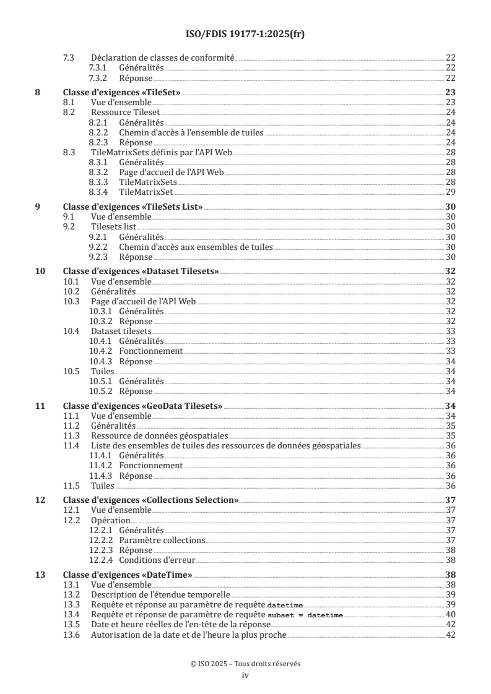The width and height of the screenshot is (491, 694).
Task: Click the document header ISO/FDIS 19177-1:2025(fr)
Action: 245,34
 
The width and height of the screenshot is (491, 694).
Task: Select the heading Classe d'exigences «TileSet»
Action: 123,92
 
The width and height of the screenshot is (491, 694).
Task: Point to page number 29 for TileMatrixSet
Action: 451,192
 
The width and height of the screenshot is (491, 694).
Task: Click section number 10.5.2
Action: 101,391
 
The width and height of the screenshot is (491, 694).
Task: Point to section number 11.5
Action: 72,486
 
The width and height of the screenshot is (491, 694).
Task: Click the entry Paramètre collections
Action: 162,540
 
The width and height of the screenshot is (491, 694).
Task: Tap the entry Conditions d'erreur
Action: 157,560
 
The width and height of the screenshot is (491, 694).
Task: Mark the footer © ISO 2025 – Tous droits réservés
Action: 245,664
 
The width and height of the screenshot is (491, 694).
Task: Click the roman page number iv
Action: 245,675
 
